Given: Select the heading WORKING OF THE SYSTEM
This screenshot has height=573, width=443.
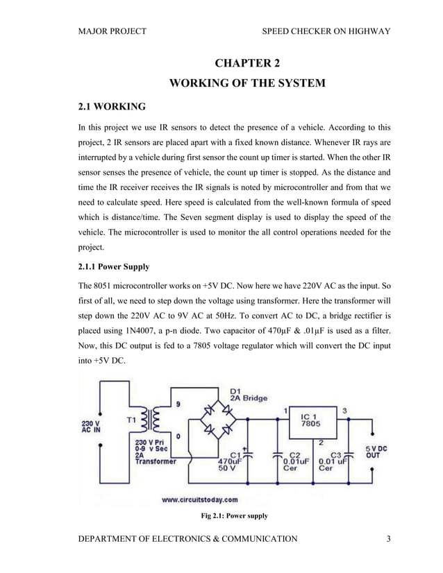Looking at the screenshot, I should (x=247, y=85).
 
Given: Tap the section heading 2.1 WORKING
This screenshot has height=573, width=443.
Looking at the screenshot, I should (x=111, y=107).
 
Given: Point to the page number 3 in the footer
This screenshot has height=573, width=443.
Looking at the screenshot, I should (x=390, y=538).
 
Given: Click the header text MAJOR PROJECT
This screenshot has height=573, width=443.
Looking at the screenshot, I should (x=112, y=31).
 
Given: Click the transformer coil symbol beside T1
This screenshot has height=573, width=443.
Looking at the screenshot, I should (x=151, y=420).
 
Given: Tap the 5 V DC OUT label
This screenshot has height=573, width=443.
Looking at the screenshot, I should (x=376, y=452).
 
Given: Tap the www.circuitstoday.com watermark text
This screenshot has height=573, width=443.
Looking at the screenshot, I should (x=200, y=499).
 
